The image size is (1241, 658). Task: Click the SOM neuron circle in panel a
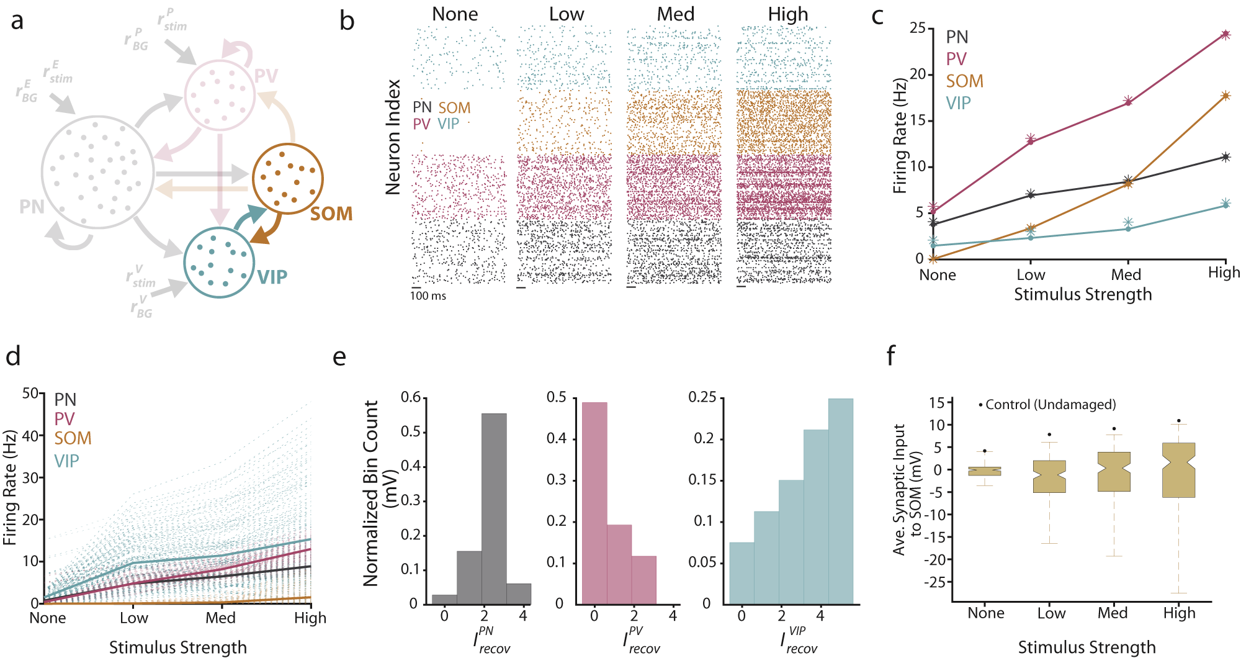[x=287, y=178]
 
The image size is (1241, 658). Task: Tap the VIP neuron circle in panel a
[x=219, y=263]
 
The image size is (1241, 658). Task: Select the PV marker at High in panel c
[x=1225, y=35]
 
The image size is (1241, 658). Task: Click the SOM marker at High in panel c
[x=1225, y=96]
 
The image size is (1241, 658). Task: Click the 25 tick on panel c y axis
[x=917, y=28]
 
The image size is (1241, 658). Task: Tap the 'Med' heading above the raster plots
[x=675, y=14]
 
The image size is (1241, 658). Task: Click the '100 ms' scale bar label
[x=428, y=296]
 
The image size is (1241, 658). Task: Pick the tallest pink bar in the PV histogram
[x=594, y=503]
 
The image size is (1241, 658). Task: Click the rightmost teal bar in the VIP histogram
[x=840, y=501]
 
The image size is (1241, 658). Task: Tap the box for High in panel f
[x=1178, y=470]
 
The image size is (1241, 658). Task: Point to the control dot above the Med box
[x=1114, y=428]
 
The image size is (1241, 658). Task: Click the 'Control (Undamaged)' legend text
[x=1050, y=405]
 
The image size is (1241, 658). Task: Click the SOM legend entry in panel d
[x=73, y=438]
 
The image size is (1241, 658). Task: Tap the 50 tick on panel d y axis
[x=30, y=393]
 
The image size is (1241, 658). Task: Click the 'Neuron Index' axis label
[x=393, y=137]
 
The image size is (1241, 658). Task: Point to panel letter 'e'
[x=339, y=358]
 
